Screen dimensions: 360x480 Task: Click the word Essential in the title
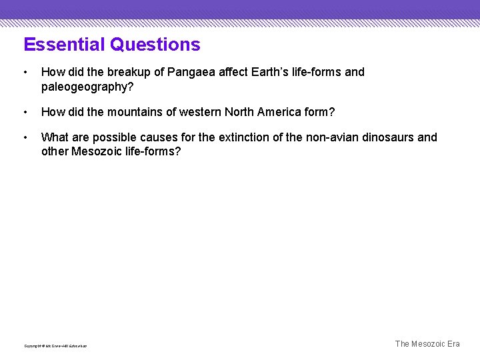pos(65,45)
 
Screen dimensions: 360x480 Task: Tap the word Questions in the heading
pos(155,45)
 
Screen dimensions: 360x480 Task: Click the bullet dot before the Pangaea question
pos(25,72)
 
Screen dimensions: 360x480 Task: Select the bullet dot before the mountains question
pos(25,112)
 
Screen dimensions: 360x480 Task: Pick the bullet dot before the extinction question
pos(25,137)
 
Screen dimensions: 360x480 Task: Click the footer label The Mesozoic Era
pos(427,344)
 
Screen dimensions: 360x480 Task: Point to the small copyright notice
pos(55,346)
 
